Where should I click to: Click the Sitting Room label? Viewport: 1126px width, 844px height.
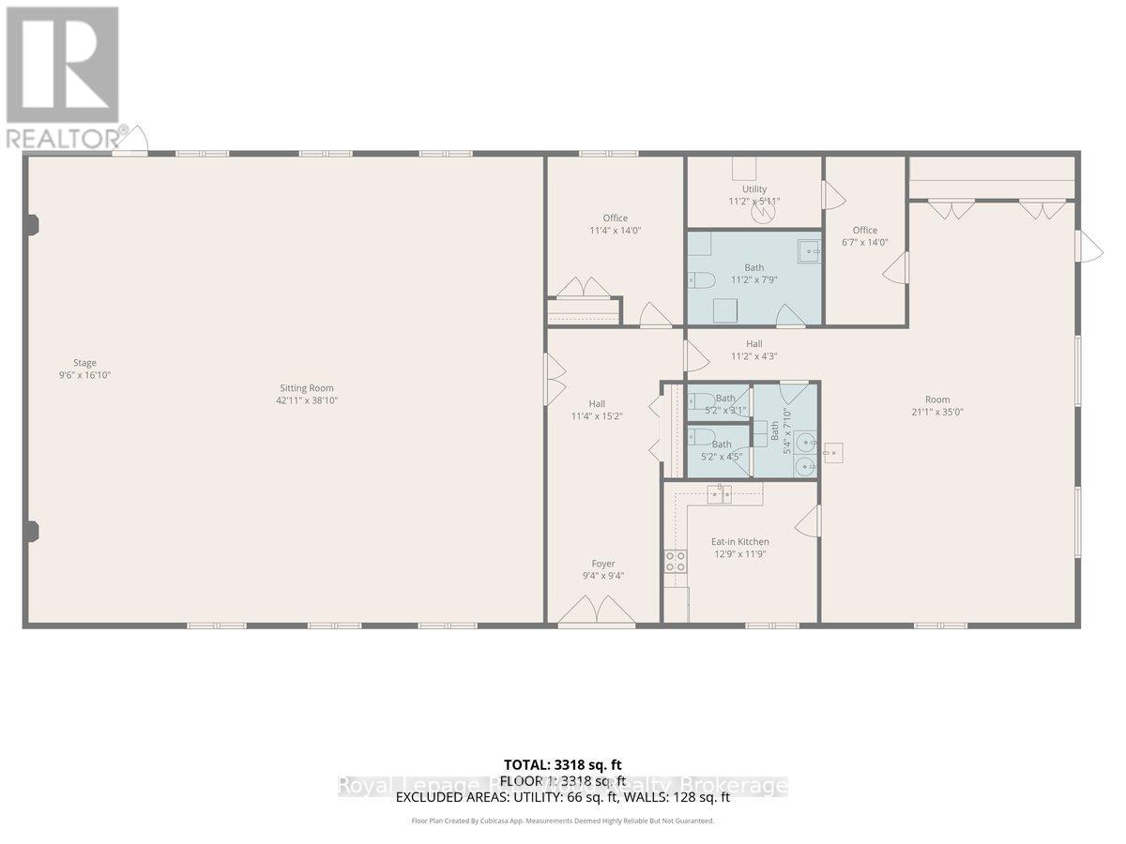307,387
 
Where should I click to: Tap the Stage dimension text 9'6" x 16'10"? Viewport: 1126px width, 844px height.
85,375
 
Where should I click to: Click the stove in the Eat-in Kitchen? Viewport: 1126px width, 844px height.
675,562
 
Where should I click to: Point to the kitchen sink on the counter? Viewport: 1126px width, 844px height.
720,494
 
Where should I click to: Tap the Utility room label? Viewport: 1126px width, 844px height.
754,189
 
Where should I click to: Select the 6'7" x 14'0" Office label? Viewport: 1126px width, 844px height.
865,230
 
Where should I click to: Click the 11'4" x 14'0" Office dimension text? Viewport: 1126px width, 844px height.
616,231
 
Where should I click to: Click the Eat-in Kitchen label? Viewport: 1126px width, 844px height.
740,541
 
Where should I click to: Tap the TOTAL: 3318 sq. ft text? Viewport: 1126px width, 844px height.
562,764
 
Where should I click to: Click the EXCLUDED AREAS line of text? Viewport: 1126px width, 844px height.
562,797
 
